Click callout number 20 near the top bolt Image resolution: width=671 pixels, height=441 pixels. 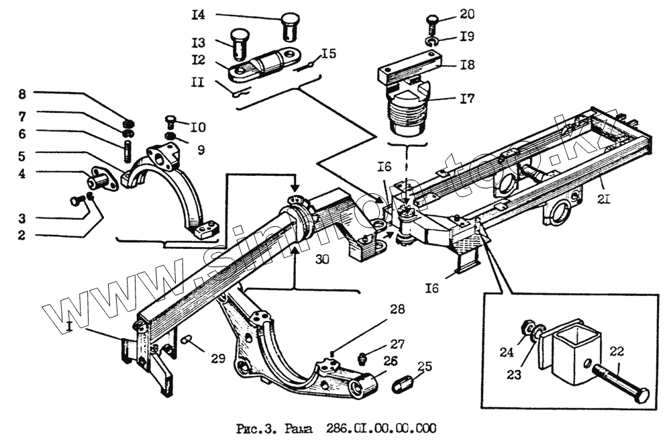(x=467, y=14)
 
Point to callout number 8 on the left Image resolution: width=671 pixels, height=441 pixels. (x=22, y=93)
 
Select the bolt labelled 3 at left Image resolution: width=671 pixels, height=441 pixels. (x=77, y=199)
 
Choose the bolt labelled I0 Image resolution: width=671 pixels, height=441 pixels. (x=171, y=121)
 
